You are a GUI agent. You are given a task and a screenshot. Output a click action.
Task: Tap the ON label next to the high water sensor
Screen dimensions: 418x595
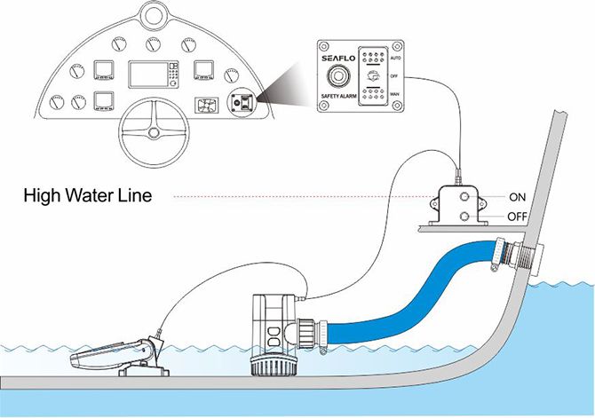point(517,196)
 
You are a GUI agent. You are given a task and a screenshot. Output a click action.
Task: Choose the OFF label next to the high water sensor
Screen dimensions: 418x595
point(519,217)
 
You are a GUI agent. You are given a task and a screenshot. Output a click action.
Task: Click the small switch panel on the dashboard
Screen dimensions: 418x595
point(239,101)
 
